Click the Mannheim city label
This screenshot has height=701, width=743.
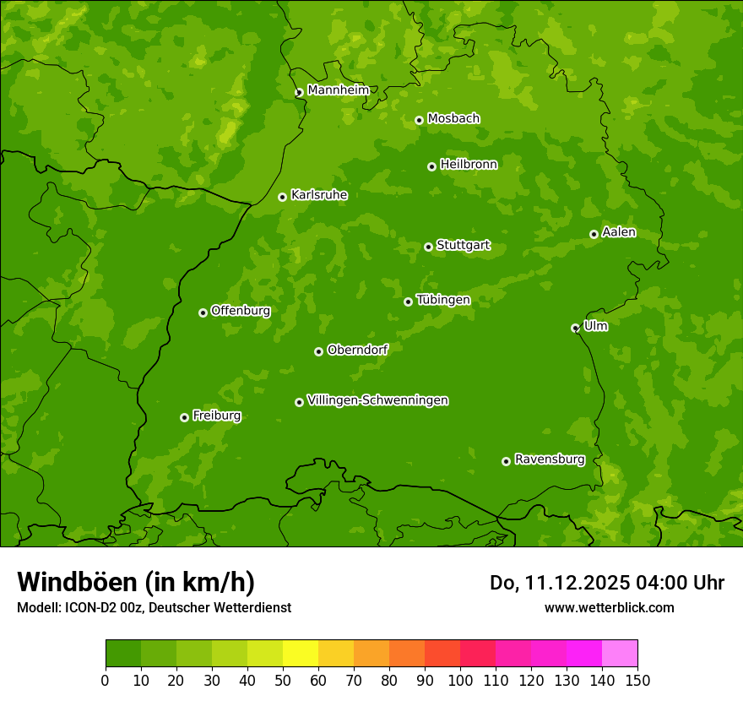[339, 90]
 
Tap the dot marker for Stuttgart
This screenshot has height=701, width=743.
[428, 247]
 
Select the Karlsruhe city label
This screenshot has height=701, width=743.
[319, 195]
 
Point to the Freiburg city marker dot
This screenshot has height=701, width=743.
[184, 417]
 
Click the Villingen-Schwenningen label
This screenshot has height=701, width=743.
[377, 400]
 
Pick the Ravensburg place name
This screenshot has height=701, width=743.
[550, 459]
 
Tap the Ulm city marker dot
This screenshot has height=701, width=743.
[575, 328]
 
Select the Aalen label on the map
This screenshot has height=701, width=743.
[619, 232]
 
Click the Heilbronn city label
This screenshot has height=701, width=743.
[469, 165]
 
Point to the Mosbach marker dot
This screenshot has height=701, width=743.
[419, 120]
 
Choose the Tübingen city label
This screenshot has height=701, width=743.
[443, 300]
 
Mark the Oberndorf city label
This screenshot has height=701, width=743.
[358, 350]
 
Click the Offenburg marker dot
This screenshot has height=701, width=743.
[203, 312]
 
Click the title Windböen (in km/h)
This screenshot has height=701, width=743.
[136, 582]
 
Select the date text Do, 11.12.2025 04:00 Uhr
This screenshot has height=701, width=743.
[607, 583]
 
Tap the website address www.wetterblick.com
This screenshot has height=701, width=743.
[609, 607]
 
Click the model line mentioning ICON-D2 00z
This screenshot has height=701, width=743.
[154, 607]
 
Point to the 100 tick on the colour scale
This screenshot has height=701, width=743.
[460, 680]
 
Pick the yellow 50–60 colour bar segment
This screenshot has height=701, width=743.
[301, 654]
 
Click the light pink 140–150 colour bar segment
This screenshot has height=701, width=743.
[620, 654]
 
